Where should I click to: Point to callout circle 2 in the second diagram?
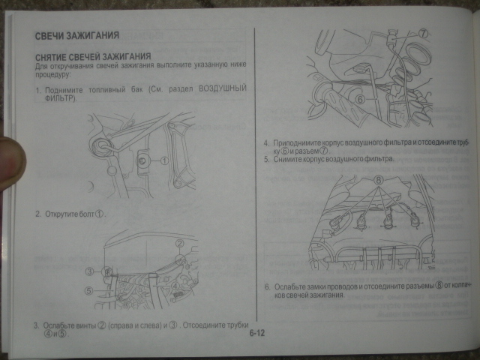click(180, 244)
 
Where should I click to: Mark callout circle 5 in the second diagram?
click(88, 291)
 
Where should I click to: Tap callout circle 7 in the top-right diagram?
click(422, 34)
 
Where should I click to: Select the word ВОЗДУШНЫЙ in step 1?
click(223, 89)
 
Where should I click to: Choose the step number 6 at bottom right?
click(268, 287)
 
